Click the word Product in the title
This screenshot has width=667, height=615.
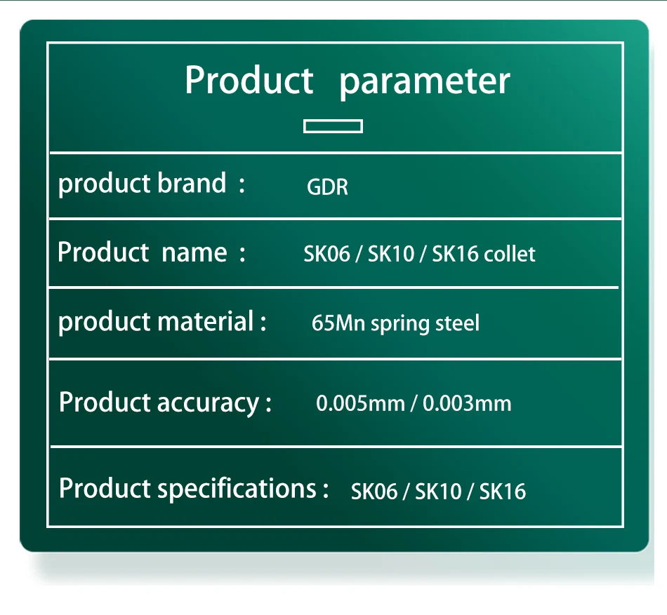[249, 80]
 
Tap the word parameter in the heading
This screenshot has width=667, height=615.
[425, 82]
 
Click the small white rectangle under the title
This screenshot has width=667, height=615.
[333, 126]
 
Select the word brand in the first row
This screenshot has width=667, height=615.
[192, 184]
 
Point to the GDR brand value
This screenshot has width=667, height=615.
[327, 187]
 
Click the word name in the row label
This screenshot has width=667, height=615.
[194, 253]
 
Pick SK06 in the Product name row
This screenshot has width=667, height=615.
[326, 254]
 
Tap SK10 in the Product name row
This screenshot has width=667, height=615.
[391, 254]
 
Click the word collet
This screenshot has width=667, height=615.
[510, 254]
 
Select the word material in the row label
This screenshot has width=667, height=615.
[206, 321]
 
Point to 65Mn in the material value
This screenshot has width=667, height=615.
[338, 323]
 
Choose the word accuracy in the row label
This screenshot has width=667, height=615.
[208, 403]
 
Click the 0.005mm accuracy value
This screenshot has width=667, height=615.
[360, 403]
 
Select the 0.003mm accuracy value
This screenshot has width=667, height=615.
[467, 403]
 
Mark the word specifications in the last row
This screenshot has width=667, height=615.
[237, 489]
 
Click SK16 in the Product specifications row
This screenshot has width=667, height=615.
[503, 492]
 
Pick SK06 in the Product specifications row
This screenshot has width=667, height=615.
[374, 492]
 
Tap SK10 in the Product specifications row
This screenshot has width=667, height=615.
[438, 492]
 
